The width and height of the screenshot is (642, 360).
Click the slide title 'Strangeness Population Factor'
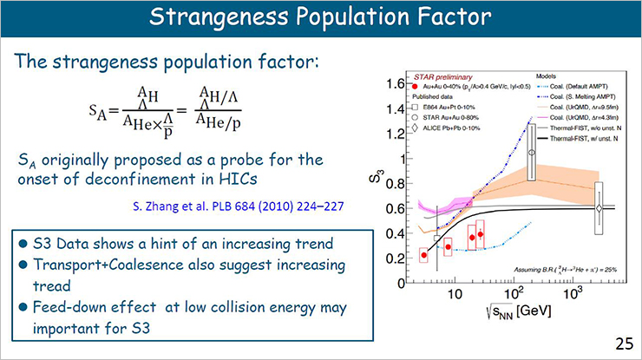(x=320, y=18)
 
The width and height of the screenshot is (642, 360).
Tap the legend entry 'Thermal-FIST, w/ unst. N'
(x=573, y=138)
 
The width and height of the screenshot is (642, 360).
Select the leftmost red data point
(x=423, y=255)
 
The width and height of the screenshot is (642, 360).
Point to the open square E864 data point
(x=437, y=238)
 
